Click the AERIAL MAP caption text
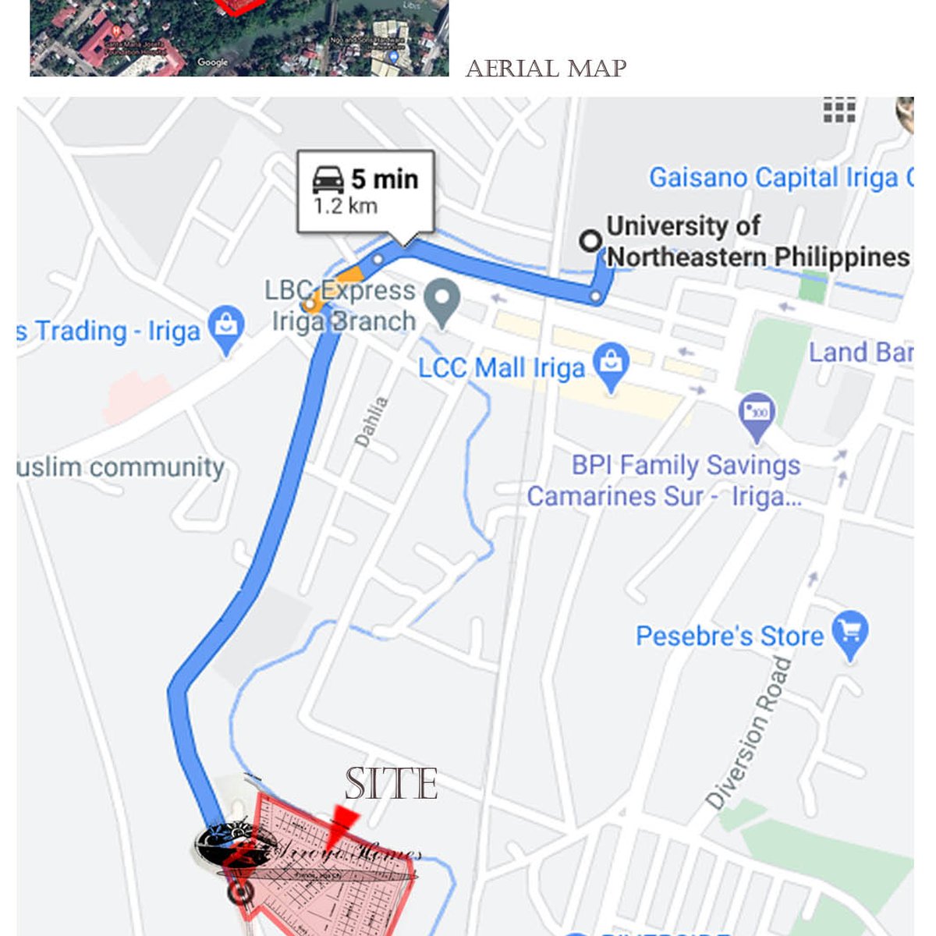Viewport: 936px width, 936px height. [546, 69]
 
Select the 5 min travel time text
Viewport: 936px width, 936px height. [385, 179]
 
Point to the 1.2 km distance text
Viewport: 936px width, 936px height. [346, 206]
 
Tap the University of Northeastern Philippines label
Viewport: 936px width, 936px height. [757, 241]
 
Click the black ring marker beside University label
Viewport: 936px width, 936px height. [590, 241]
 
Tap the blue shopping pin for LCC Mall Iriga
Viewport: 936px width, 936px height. [612, 365]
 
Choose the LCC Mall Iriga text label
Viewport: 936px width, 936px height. [502, 367]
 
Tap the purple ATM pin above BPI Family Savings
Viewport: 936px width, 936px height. [756, 413]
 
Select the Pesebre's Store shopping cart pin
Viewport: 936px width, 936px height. [849, 633]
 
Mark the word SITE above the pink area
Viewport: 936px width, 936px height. [391, 784]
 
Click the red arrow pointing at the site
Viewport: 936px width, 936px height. [340, 825]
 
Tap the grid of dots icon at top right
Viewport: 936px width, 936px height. [839, 109]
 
